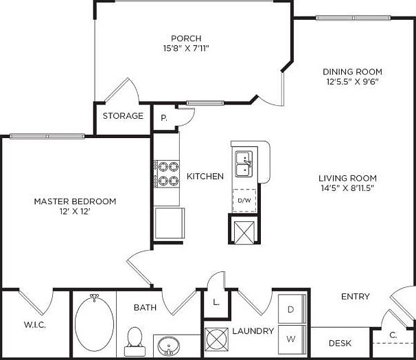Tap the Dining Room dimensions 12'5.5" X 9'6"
(x=353, y=82)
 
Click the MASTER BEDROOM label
(x=75, y=201)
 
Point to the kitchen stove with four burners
(x=165, y=174)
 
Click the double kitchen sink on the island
(x=243, y=164)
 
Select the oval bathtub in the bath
(x=94, y=324)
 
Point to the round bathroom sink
(x=167, y=345)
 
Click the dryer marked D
(x=290, y=310)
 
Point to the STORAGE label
(x=123, y=116)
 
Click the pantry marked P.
(x=164, y=117)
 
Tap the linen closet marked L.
(x=216, y=302)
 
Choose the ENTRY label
(x=356, y=297)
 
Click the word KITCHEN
(x=205, y=177)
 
